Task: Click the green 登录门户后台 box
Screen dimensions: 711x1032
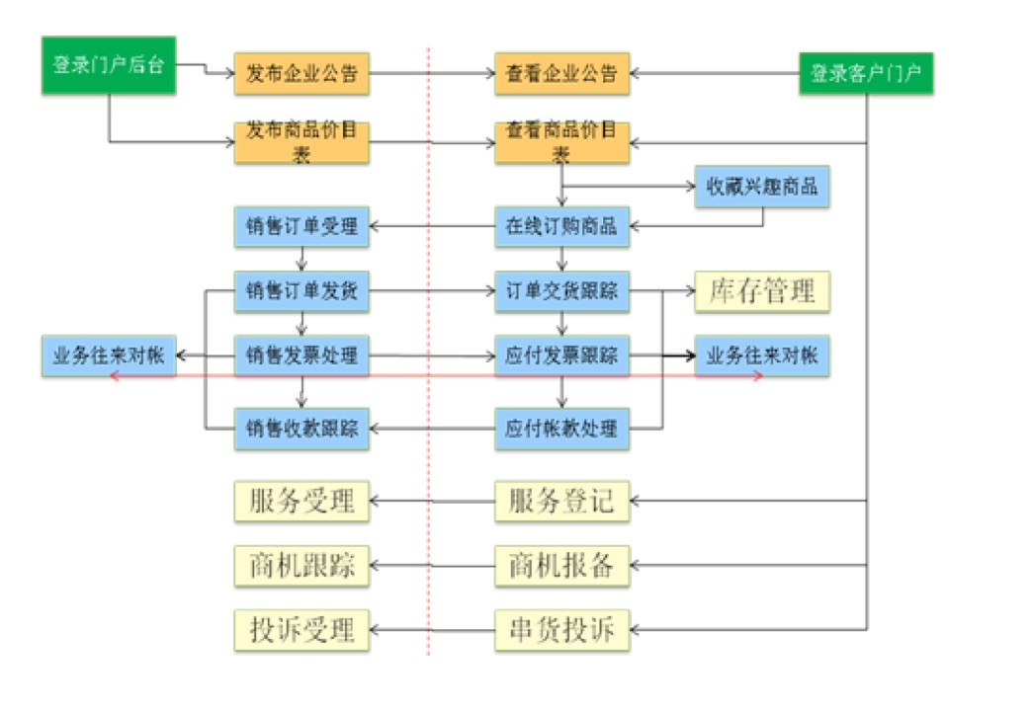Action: click(x=108, y=66)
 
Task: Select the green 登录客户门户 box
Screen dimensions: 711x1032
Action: click(x=866, y=73)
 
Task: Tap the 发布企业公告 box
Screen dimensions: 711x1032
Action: click(x=301, y=73)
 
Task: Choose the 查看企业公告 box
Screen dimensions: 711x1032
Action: click(x=561, y=73)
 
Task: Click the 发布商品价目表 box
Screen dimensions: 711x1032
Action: click(x=301, y=142)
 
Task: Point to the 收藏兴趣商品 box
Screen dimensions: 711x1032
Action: click(x=761, y=186)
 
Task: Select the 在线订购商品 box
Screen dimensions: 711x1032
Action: click(x=561, y=226)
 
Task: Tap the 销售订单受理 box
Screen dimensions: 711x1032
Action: click(x=301, y=226)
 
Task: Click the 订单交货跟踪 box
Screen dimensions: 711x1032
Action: click(x=561, y=291)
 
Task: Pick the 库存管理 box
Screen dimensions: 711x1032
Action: click(x=761, y=291)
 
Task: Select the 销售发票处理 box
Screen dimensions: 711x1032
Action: click(x=301, y=355)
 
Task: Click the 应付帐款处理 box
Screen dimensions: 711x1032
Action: click(x=561, y=429)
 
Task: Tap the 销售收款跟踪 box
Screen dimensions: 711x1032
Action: click(x=301, y=429)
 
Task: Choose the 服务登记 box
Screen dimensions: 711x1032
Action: click(x=561, y=501)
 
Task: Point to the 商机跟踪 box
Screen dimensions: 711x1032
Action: click(x=301, y=566)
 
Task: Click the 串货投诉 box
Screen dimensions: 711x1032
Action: click(x=561, y=630)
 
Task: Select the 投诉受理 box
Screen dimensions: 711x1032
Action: click(x=301, y=629)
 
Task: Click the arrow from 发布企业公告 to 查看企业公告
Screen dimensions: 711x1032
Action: click(x=431, y=73)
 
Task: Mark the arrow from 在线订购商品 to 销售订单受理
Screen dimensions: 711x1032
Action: click(x=431, y=226)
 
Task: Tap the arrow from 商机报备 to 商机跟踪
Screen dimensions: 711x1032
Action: click(x=431, y=566)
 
